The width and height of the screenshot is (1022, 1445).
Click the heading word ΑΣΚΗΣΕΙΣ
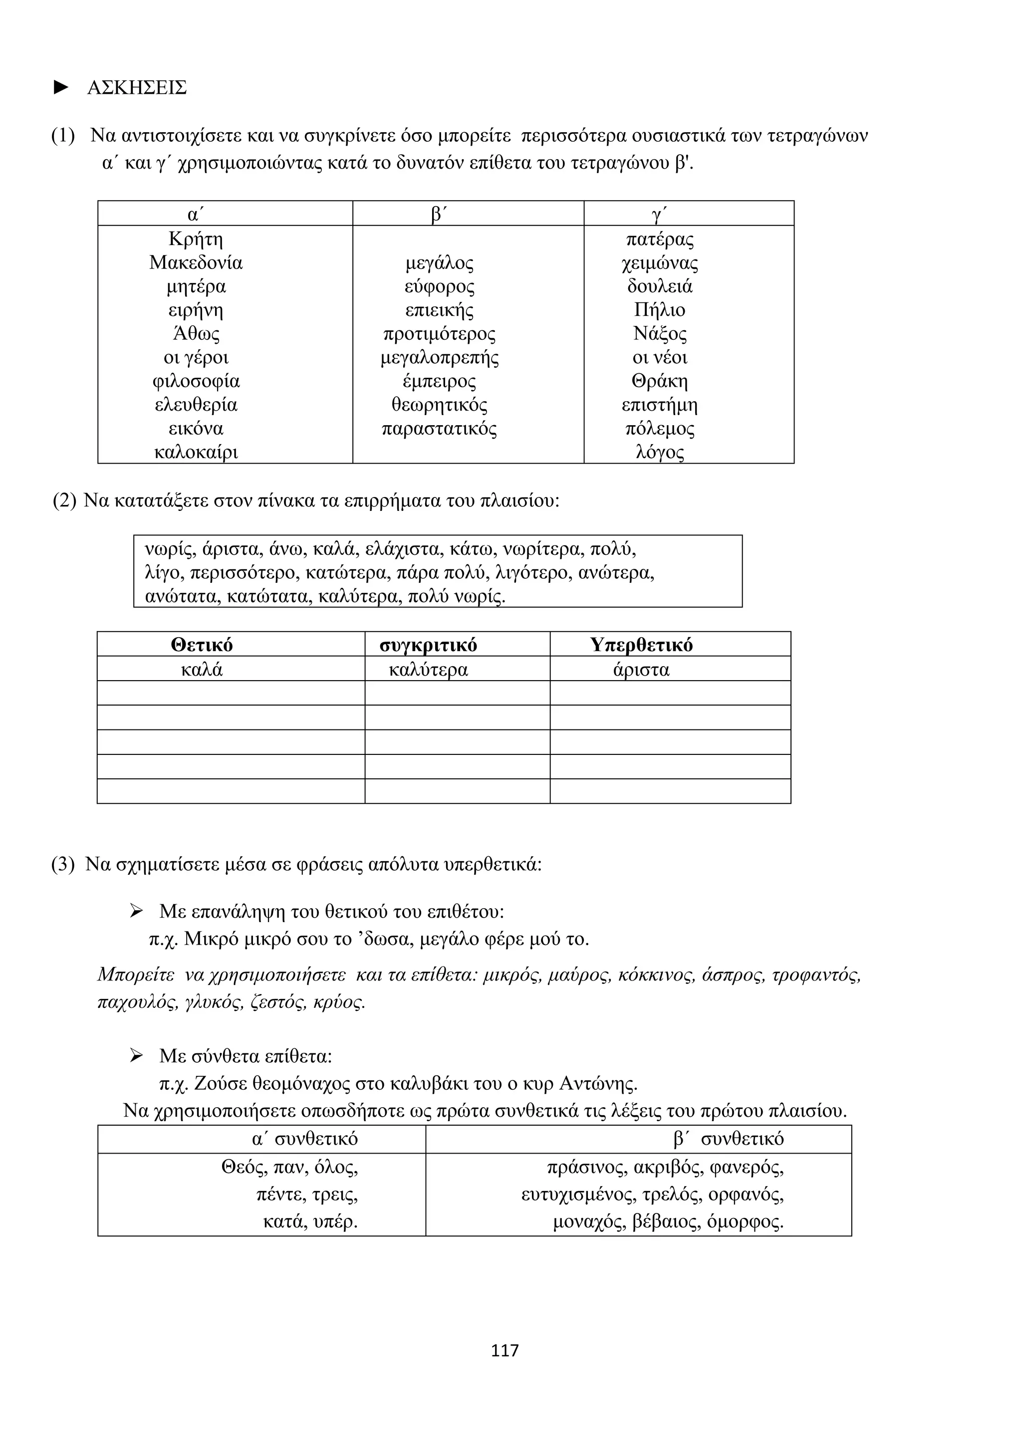pos(137,87)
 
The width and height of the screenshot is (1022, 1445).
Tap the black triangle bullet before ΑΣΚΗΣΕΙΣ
pos(61,87)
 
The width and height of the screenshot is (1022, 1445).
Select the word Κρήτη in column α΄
pos(196,239)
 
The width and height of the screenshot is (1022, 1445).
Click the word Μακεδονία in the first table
pos(196,262)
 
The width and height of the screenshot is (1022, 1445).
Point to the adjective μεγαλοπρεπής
pos(439,357)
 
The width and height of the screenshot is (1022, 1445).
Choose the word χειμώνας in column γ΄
pos(660,262)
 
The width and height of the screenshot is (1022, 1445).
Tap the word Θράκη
pos(660,381)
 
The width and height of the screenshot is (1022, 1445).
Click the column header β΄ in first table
pos(439,215)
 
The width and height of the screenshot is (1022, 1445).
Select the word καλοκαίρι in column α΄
pos(196,452)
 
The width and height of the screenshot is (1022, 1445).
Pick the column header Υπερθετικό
pos(641,645)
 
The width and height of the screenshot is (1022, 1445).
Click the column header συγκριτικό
pos(428,645)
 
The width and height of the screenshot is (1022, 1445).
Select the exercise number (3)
pos(63,864)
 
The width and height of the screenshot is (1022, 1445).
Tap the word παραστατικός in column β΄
pos(439,429)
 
